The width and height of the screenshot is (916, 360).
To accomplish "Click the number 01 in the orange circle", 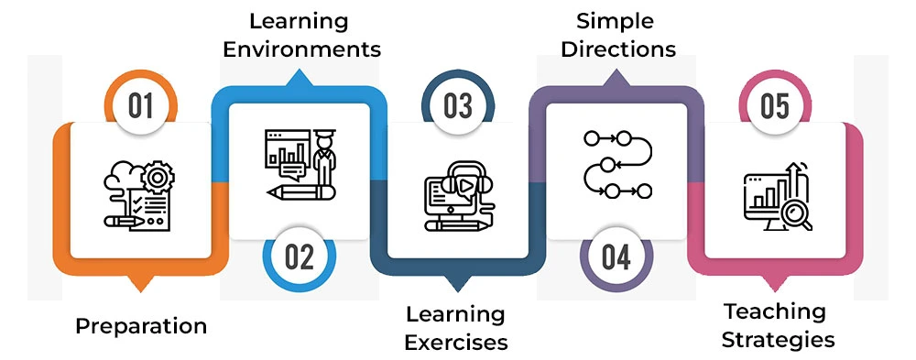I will (140, 106).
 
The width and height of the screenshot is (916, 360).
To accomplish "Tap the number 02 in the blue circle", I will (299, 257).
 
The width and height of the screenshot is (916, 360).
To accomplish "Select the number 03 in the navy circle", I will (458, 106).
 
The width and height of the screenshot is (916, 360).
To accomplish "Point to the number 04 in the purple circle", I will (616, 257).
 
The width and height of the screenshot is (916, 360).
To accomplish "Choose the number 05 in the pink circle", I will (774, 106).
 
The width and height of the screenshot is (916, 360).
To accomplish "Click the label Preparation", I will (141, 326).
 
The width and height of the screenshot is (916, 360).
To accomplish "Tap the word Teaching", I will (775, 311).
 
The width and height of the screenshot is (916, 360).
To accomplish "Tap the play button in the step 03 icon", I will (466, 185).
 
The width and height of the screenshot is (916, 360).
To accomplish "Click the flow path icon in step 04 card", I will (616, 165).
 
